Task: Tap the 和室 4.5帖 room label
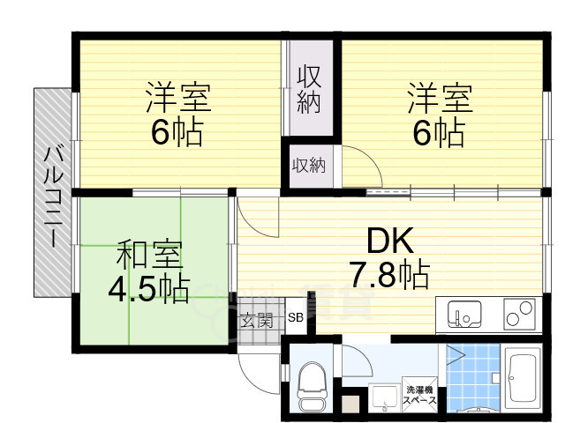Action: tap(149, 271)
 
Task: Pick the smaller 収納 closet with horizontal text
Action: tap(308, 165)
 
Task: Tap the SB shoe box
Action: tap(295, 318)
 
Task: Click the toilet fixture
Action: tap(312, 386)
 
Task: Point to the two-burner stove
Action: tap(519, 314)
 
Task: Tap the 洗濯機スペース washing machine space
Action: tap(420, 394)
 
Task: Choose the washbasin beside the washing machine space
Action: tap(383, 398)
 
